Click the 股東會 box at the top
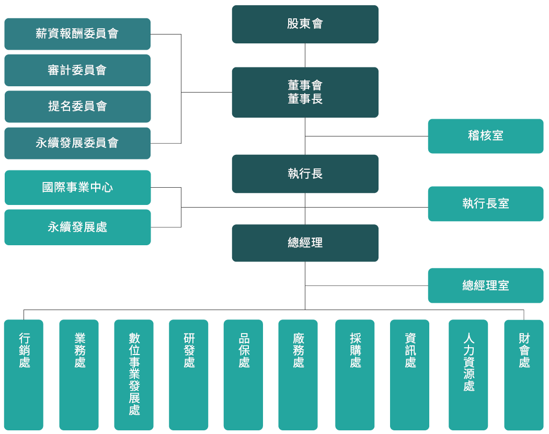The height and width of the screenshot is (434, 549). pyautogui.click(x=305, y=24)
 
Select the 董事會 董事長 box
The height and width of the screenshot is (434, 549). pyautogui.click(x=305, y=92)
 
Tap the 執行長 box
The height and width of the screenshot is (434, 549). pyautogui.click(x=305, y=174)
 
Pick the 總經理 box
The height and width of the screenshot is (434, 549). pyautogui.click(x=305, y=243)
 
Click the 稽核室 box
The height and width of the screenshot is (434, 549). pyautogui.click(x=485, y=136)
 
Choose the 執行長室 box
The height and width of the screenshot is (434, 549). pyautogui.click(x=485, y=203)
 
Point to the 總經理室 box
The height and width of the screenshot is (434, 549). pyautogui.click(x=485, y=285)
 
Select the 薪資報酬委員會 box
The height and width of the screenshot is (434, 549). pyautogui.click(x=77, y=34)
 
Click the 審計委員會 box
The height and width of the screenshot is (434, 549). pyautogui.click(x=77, y=70)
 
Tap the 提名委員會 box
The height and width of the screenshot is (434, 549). pyautogui.click(x=77, y=107)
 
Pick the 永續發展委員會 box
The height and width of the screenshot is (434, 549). pyautogui.click(x=77, y=143)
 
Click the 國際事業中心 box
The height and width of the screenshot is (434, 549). pyautogui.click(x=77, y=187)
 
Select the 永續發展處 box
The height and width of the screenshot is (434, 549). pyautogui.click(x=77, y=227)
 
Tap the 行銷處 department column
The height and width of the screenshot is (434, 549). pyautogui.click(x=24, y=374)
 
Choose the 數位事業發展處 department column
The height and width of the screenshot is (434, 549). pyautogui.click(x=134, y=374)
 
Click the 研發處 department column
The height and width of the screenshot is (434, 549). pyautogui.click(x=189, y=374)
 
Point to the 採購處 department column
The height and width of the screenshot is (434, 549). pyautogui.click(x=355, y=374)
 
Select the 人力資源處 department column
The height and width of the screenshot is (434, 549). pyautogui.click(x=468, y=374)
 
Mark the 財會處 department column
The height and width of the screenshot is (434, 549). pyautogui.click(x=524, y=374)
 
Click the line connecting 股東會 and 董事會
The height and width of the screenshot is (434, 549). pyautogui.click(x=305, y=55)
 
